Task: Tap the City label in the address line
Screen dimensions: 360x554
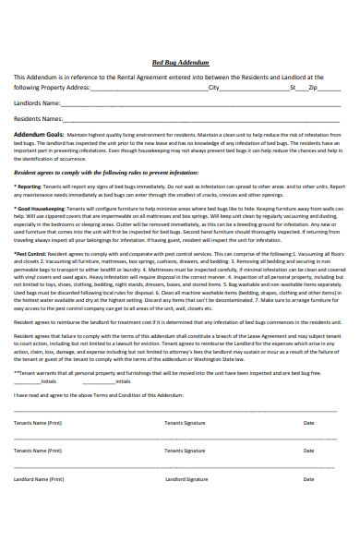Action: (x=214, y=88)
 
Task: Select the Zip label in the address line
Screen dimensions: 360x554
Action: (x=313, y=88)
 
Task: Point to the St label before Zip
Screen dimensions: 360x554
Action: (x=293, y=88)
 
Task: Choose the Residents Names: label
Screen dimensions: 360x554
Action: (x=40, y=119)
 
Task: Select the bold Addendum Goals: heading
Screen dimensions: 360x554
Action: (x=37, y=135)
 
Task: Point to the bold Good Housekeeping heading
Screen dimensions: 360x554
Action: (x=41, y=210)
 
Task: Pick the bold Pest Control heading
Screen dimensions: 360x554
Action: (x=31, y=252)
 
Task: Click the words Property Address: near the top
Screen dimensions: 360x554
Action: (x=67, y=88)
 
